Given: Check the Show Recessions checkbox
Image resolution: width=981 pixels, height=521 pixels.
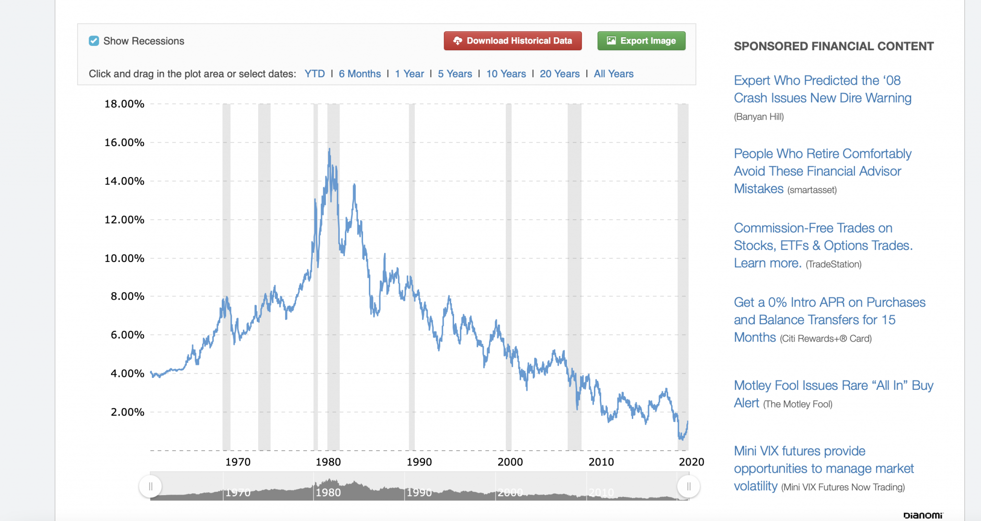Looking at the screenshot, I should click(x=94, y=41).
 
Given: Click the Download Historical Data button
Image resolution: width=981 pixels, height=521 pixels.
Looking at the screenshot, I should click(x=513, y=41).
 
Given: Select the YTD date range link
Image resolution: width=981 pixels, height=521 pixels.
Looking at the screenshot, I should click(x=315, y=74).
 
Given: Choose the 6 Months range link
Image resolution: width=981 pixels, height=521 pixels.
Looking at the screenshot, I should click(x=360, y=74).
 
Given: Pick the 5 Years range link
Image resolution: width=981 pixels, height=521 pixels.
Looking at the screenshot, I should click(x=455, y=74).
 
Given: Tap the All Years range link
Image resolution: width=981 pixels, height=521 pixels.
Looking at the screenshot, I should click(x=614, y=74).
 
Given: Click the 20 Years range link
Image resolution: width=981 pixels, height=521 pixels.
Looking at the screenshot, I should click(x=559, y=74).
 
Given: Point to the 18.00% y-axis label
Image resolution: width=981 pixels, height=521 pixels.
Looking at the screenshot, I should click(x=125, y=104).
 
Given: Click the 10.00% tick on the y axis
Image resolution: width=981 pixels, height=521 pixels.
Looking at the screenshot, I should click(x=125, y=259).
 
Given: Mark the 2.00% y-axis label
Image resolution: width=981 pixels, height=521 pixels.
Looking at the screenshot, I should click(x=127, y=412).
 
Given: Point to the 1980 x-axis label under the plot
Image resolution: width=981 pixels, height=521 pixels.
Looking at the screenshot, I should click(x=328, y=462).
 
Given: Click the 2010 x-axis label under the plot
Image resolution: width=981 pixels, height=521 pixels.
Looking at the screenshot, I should click(x=601, y=462).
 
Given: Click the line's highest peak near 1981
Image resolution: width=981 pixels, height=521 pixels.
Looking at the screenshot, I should click(x=330, y=149).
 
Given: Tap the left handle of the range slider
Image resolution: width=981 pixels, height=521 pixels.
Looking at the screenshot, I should click(x=150, y=487).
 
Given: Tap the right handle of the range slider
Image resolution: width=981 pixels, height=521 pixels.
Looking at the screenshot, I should click(x=688, y=487).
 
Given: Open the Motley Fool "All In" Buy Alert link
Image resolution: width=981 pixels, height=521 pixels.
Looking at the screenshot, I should click(x=833, y=394).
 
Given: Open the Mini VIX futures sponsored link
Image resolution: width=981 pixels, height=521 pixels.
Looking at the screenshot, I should click(x=824, y=468).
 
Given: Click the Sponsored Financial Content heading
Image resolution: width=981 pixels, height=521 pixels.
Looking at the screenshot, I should click(x=833, y=46).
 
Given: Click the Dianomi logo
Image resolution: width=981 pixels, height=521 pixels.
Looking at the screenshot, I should click(x=923, y=515).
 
